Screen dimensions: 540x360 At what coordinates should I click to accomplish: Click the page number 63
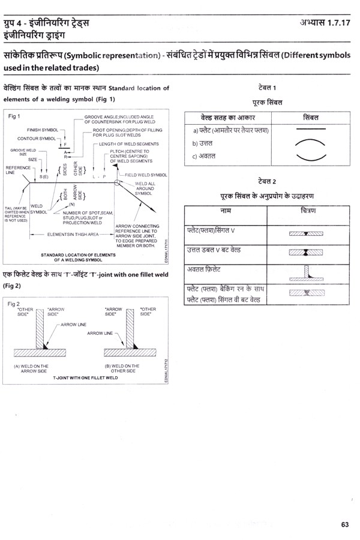point(344,524)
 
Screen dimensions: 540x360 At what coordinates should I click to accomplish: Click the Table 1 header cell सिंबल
point(310,116)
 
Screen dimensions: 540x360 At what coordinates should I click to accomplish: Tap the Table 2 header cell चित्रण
point(310,211)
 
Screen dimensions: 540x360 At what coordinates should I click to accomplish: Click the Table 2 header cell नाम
point(227,211)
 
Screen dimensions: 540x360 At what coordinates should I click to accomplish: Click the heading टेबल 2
point(266,181)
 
